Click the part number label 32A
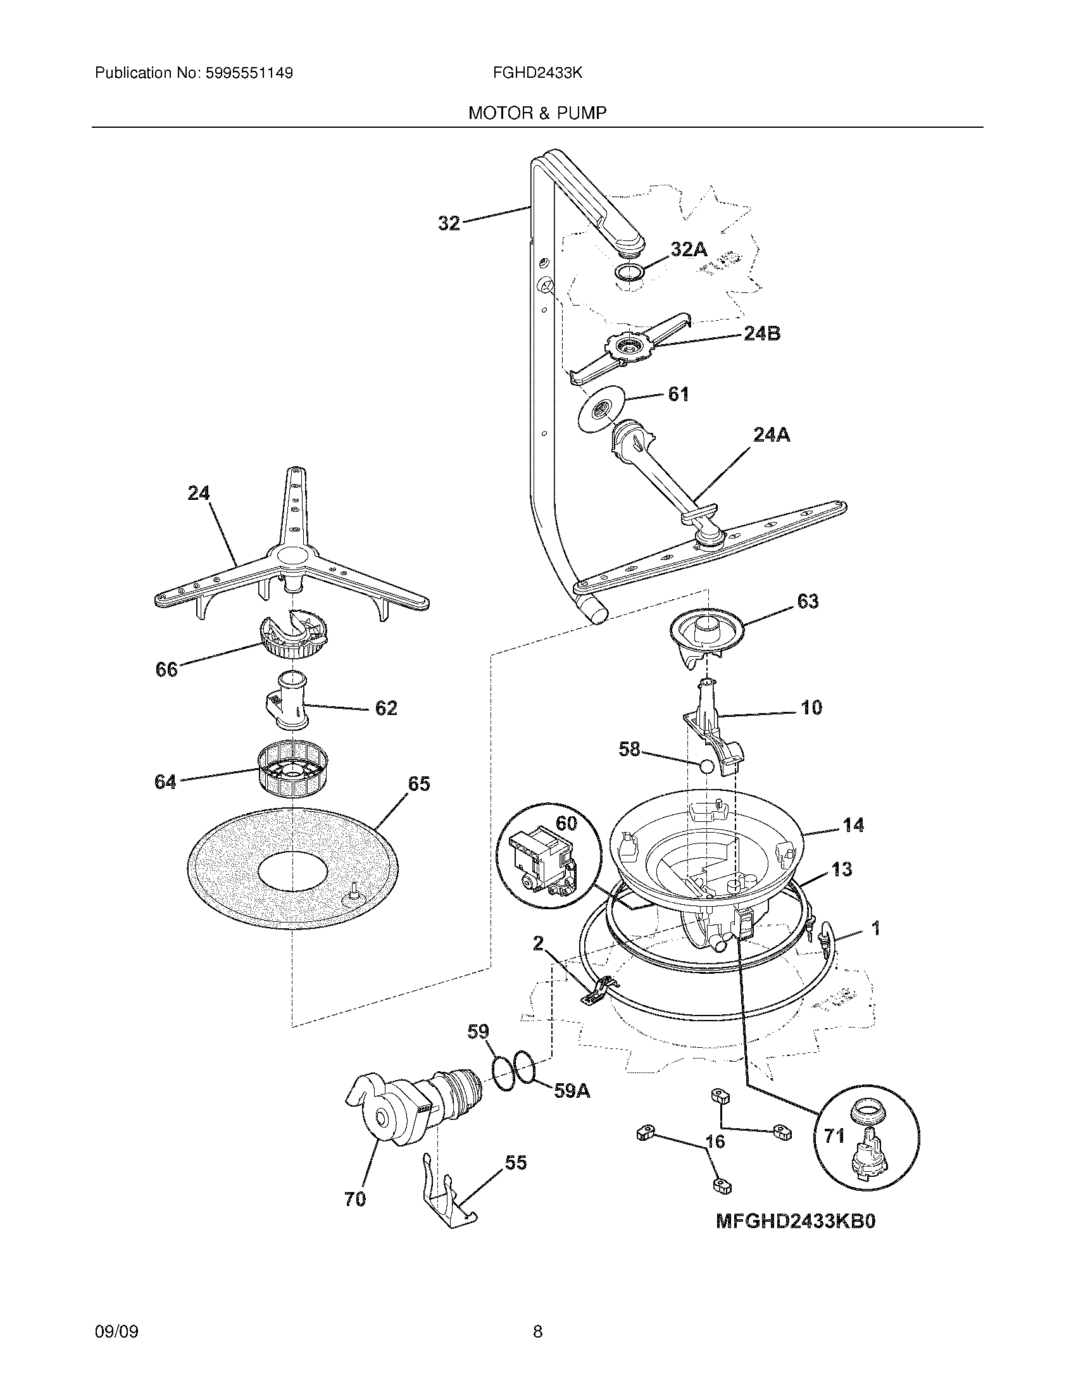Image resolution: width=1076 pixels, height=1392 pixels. pyautogui.click(x=689, y=250)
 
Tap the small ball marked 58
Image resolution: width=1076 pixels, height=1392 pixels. pyautogui.click(x=706, y=767)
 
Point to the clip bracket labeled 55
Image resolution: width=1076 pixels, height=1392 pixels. pyautogui.click(x=451, y=1193)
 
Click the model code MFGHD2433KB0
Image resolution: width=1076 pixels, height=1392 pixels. pyautogui.click(x=795, y=1221)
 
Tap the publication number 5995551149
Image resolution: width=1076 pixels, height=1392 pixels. pyautogui.click(x=249, y=73)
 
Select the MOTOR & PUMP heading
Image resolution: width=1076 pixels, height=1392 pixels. pyautogui.click(x=537, y=113)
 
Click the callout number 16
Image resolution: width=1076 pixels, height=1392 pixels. pyautogui.click(x=715, y=1141)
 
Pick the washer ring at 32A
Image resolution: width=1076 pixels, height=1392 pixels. pyautogui.click(x=629, y=273)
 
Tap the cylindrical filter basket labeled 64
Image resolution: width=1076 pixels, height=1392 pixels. pyautogui.click(x=291, y=776)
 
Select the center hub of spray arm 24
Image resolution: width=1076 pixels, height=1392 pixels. pyautogui.click(x=291, y=557)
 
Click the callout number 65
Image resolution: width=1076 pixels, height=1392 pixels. pyautogui.click(x=419, y=784)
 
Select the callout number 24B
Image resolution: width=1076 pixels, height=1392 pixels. pyautogui.click(x=761, y=333)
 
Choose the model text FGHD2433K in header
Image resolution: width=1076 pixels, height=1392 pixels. pyautogui.click(x=537, y=73)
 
